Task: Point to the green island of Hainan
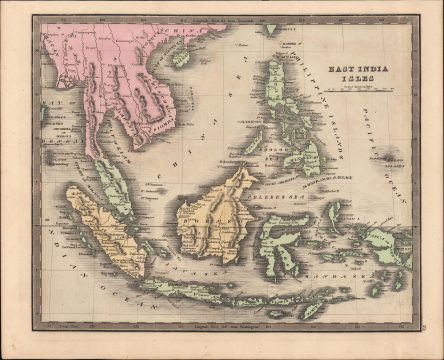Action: click(181, 58)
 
